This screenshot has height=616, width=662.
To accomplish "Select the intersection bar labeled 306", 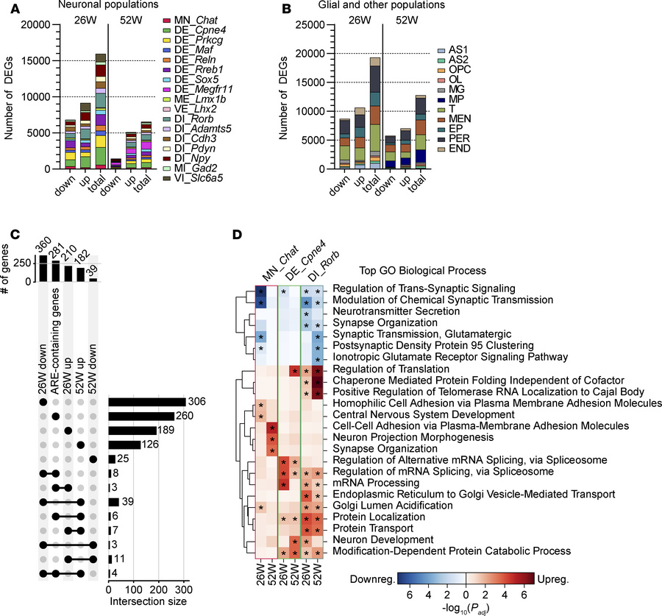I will (146, 401).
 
